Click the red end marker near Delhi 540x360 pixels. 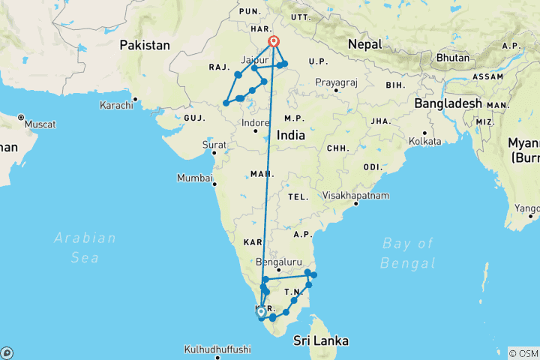274,42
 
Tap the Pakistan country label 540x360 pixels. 145,46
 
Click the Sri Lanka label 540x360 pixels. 321,340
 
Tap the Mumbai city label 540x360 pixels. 195,178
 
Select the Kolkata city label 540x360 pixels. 424,141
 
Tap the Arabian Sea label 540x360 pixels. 85,247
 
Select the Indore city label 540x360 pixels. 255,121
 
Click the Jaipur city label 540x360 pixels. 254,58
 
